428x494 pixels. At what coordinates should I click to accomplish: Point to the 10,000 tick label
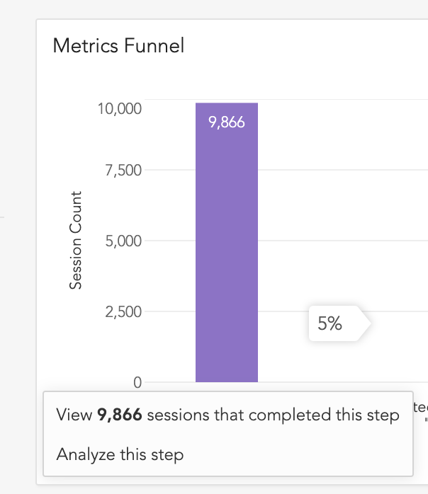coord(121,109)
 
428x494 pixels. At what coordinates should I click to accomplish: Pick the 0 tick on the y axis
coord(137,383)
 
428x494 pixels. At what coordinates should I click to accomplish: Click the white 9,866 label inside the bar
coord(227,122)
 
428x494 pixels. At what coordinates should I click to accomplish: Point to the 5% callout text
coord(330,324)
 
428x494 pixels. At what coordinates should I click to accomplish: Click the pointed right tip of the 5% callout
coord(368,324)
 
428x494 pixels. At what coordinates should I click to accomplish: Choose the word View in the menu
coord(74,415)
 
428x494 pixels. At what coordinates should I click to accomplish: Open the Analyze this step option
coord(120,454)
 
